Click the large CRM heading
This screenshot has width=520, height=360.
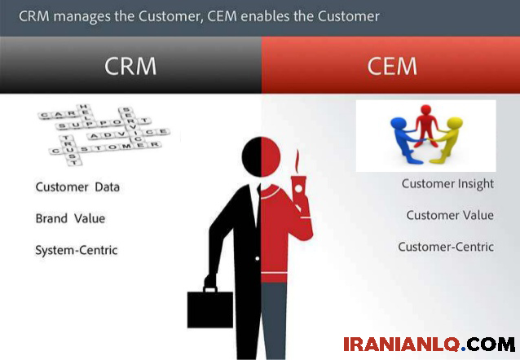[x=130, y=66]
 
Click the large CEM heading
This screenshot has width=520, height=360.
[x=392, y=66]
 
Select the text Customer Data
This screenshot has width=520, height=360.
[x=77, y=187]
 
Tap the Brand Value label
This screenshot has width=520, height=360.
[x=70, y=218]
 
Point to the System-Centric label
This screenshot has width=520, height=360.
[x=77, y=250]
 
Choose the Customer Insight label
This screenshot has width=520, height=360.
[x=447, y=184]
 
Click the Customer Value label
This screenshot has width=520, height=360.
[x=450, y=215]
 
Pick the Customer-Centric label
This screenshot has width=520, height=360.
[x=446, y=247]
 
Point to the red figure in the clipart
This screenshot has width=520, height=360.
[x=425, y=125]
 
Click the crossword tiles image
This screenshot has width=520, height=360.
[x=104, y=134]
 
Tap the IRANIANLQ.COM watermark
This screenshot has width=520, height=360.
[x=430, y=344]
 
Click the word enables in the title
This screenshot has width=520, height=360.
[x=265, y=16]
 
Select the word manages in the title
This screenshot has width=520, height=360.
[x=82, y=17]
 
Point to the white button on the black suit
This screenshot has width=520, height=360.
[x=257, y=258]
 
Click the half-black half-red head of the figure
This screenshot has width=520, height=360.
[x=261, y=157]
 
